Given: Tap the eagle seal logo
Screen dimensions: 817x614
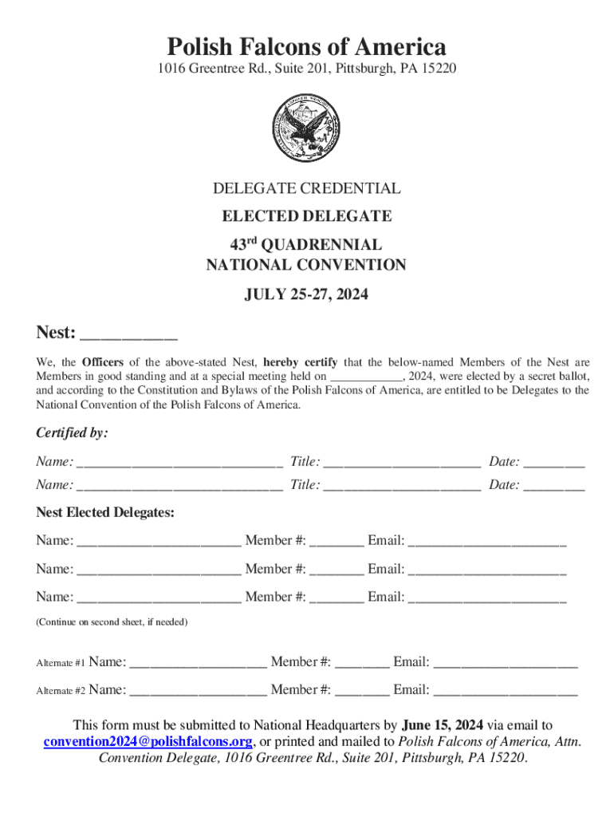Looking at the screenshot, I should click(x=306, y=128).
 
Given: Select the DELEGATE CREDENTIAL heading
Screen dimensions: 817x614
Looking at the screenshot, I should click(x=306, y=189).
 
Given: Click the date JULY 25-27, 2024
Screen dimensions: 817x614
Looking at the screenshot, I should click(x=306, y=295).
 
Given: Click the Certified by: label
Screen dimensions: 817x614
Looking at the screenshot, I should click(x=72, y=433).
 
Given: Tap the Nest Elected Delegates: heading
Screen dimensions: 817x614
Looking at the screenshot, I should click(x=105, y=512).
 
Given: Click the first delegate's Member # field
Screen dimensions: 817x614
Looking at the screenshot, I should click(x=337, y=543).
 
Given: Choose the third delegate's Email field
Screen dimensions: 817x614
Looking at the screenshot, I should click(x=487, y=598).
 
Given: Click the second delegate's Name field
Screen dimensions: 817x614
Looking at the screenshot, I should click(x=159, y=570).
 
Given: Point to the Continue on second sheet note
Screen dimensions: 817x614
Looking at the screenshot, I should click(x=112, y=622).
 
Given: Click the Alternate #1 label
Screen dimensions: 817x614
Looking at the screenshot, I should click(x=61, y=663).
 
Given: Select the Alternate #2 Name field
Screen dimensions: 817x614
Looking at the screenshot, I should click(x=198, y=691).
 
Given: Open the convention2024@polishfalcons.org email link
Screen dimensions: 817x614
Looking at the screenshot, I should click(x=148, y=741).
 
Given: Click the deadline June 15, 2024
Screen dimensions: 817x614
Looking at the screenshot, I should click(x=443, y=725).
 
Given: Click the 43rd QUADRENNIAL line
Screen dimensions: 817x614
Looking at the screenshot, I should click(x=306, y=244).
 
